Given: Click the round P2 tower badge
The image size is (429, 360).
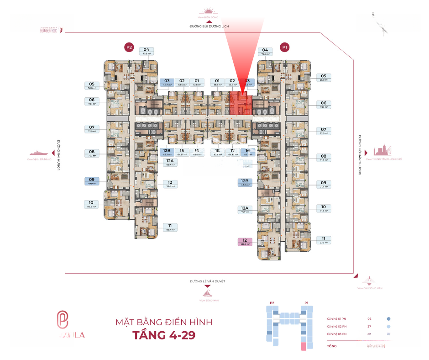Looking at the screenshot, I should (x=129, y=47).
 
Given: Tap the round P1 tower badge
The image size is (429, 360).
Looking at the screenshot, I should (x=285, y=47).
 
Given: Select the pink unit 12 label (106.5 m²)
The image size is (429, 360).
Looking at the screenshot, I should (x=245, y=242).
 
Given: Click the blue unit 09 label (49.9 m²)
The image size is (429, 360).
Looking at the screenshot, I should (x=92, y=181).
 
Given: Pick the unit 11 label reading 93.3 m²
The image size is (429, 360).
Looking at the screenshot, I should (x=323, y=240).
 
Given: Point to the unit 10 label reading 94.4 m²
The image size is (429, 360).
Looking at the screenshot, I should (x=92, y=204).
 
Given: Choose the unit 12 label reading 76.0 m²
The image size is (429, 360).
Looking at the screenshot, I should (x=170, y=184).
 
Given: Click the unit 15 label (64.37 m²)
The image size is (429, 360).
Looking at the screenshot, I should (x=182, y=152).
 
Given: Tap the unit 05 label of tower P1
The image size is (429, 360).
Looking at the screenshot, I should (x=323, y=78).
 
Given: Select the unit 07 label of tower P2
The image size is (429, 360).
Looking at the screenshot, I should (x=92, y=129).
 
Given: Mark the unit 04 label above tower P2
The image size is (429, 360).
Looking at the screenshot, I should (x=146, y=51).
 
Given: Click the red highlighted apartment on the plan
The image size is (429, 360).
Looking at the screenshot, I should (x=240, y=103).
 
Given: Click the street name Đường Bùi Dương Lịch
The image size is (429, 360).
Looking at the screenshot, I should (x=209, y=26).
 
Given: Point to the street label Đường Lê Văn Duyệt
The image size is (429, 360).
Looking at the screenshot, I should (x=208, y=281).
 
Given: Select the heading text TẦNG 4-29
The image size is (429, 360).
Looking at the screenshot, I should (x=164, y=335).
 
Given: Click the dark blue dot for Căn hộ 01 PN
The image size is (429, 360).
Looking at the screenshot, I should (x=388, y=319).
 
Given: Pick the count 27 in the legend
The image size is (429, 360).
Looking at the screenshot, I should (x=369, y=327).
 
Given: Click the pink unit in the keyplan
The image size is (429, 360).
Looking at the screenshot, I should (x=303, y=346).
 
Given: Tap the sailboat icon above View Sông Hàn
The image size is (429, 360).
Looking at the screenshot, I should (x=208, y=292).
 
